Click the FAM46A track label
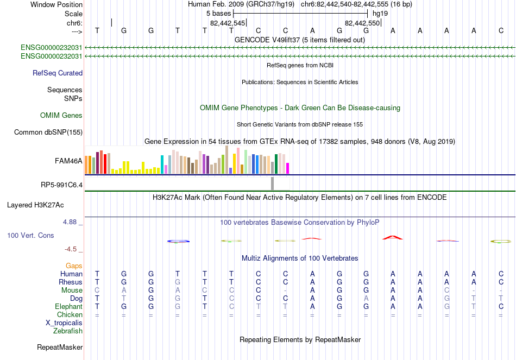[68, 161]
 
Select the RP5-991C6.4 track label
[61, 185]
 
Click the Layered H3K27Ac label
[35, 205]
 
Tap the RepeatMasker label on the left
[60, 347]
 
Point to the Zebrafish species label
[68, 331]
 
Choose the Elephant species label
[68, 307]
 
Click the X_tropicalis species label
[64, 323]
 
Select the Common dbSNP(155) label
[48, 132]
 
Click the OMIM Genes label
[61, 116]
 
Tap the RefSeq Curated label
[58, 73]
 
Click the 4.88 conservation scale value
[70, 222]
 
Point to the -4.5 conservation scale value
[71, 249]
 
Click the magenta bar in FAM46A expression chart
[287, 168]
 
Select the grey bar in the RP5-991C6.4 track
[272, 184]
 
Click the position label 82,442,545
[228, 23]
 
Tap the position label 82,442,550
[362, 23]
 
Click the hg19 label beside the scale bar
[380, 14]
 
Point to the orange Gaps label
[74, 266]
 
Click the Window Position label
[56, 4]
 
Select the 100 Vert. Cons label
[30, 236]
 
